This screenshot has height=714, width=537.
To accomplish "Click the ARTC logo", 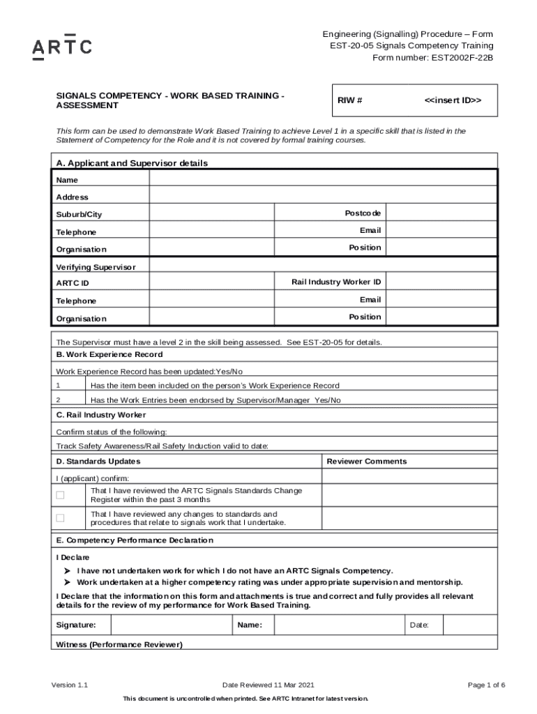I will coord(61,46).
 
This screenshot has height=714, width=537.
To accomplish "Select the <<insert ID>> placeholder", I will coord(453,100).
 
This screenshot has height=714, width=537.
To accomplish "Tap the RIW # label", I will coord(349,100).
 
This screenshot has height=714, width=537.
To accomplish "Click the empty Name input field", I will coord(323,180).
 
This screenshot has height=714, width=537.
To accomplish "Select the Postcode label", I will coord(363,213).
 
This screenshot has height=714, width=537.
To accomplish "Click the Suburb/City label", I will coord(79,215).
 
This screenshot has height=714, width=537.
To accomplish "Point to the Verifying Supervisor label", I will coord(96,267).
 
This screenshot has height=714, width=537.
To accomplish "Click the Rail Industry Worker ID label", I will coord(336,282).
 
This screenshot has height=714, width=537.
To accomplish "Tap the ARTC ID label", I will coord(73,284).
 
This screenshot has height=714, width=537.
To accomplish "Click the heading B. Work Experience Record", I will coord(109,354).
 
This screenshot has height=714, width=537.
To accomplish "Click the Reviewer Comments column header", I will coord(366,461).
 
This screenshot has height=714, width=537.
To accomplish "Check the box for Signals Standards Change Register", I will coord(61,495).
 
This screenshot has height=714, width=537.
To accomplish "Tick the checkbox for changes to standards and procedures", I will coord(61,518).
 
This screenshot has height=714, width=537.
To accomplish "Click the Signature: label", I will coord(76,625).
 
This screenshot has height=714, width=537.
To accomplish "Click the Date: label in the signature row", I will coord(419,625).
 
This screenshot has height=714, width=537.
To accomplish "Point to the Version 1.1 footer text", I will coord(70,685).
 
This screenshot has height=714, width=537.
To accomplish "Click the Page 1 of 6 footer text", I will coord(486,685).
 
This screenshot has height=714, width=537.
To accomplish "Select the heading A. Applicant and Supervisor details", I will coord(132,163).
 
